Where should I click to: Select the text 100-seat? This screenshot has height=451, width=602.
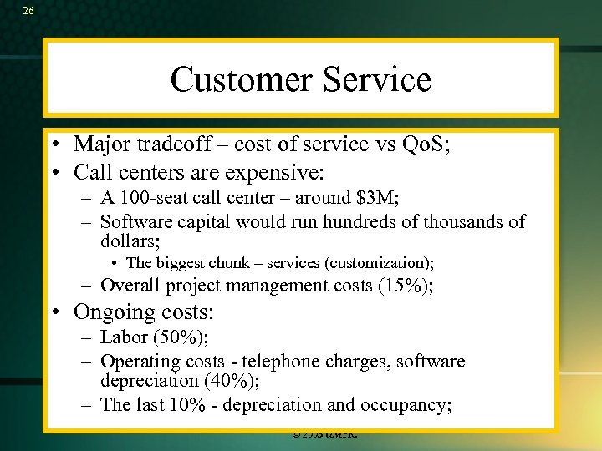pyautogui.click(x=152, y=198)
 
